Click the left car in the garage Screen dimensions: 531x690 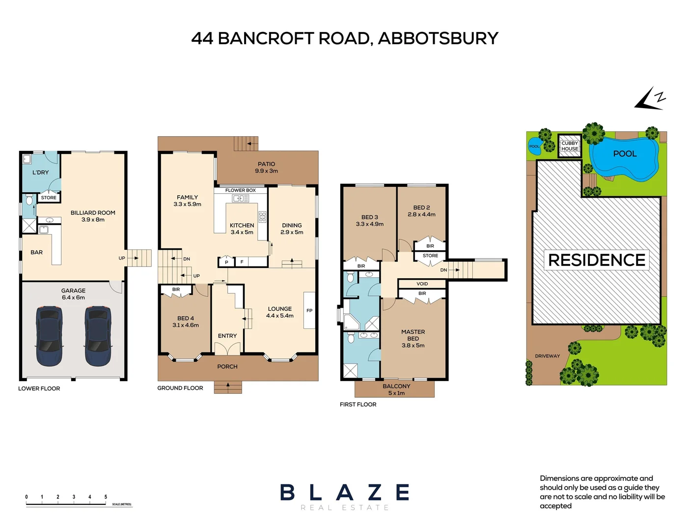tap(49, 336)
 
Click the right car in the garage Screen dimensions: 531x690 tap(98, 336)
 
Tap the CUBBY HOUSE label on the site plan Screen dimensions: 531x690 tap(570, 146)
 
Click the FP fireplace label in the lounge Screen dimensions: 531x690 tap(309, 310)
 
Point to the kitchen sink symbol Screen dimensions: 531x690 tap(241, 199)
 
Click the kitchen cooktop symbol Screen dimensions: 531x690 tap(262, 217)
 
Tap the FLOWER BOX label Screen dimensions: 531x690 tap(240, 190)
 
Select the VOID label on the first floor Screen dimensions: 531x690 tap(422, 284)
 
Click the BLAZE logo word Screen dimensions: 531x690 tap(345, 492)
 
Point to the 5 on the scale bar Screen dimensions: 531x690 tap(106, 497)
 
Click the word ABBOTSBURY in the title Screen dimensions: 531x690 tap(438, 38)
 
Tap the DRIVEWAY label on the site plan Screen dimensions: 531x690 tap(547, 356)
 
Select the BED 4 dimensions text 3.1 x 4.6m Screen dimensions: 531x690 tap(186, 325)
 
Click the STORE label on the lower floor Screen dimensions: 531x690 tap(49, 198)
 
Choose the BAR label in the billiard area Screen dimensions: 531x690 tap(37, 252)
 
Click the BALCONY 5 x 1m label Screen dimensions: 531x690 tap(396, 389)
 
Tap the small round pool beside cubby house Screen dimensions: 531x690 tap(534, 147)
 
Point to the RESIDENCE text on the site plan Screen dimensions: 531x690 tap(596, 260)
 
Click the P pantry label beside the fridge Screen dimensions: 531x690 tap(226, 262)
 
